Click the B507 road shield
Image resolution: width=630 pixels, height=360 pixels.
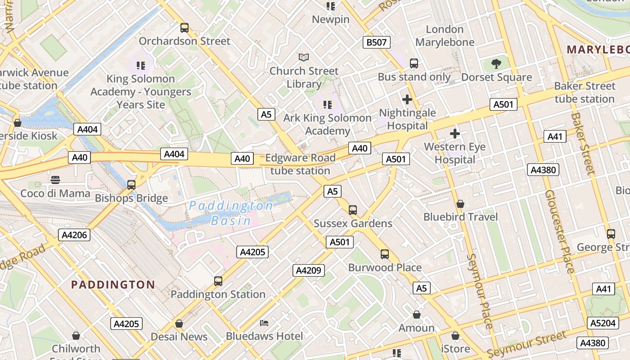[376, 42]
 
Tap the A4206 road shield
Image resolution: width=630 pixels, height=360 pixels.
[74, 234]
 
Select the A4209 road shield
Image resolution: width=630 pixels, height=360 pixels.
[309, 270]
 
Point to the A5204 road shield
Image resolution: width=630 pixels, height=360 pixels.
[603, 323]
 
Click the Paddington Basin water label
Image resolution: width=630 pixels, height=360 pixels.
[231, 213]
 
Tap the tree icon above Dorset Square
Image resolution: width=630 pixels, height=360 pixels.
[496, 64]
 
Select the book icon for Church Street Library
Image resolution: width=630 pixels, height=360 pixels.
[304, 57]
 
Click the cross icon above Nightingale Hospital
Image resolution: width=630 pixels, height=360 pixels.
[407, 99]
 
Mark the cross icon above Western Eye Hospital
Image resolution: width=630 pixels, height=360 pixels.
[455, 134]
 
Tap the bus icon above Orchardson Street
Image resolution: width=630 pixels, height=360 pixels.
[184, 28]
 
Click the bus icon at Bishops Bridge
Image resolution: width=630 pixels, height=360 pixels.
[131, 185]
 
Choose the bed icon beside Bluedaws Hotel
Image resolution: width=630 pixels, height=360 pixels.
[265, 323]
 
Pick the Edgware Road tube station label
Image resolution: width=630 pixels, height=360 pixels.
[300, 164]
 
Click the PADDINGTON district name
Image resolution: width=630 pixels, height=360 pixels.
[113, 284]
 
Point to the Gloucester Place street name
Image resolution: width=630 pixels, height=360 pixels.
[560, 231]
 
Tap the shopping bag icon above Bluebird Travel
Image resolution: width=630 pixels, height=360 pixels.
[460, 204]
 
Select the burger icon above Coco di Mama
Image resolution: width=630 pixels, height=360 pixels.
[55, 180]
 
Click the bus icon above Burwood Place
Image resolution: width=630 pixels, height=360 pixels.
[385, 254]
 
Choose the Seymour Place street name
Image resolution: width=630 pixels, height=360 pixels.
[480, 291]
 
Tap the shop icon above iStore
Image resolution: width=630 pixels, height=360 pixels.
[455, 336]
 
